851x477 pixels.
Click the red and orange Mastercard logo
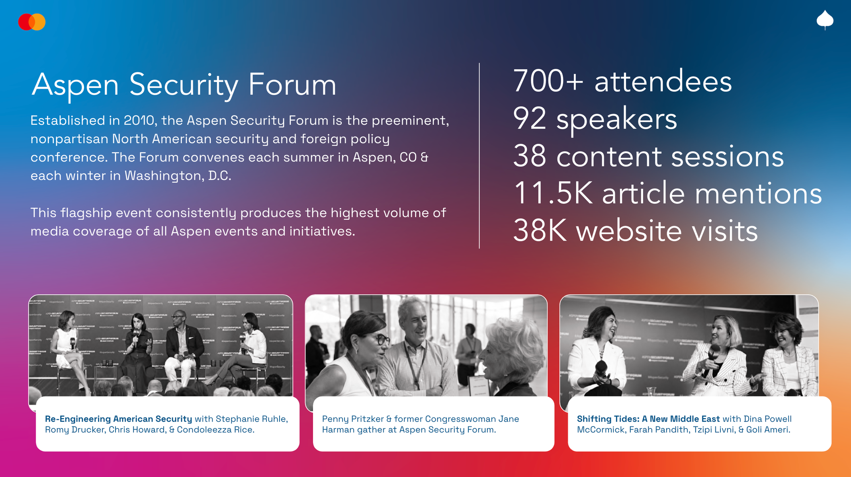(x=32, y=22)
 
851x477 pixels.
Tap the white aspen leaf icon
(x=825, y=19)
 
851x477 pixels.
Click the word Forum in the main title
(x=292, y=84)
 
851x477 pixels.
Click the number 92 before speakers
(x=529, y=119)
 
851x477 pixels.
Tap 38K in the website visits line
(x=540, y=231)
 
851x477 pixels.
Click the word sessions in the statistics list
(x=727, y=156)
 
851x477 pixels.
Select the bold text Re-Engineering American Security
(x=118, y=419)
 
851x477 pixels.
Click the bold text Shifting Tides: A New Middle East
(x=648, y=419)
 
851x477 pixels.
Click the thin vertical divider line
(x=479, y=156)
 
